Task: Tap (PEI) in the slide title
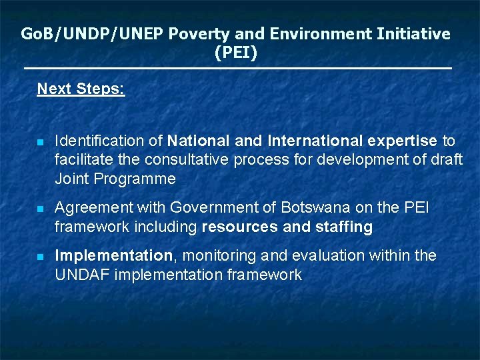236,52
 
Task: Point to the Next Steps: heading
81,89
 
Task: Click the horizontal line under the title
237,69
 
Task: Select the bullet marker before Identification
40,142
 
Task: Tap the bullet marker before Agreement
40,209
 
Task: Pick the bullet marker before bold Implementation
40,257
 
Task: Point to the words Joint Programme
115,179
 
